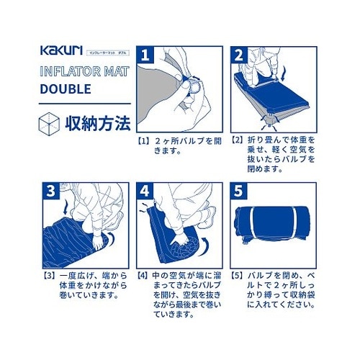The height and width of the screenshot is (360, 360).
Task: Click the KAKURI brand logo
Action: pyautogui.click(x=63, y=53)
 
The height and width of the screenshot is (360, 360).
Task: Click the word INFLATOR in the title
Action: pyautogui.click(x=67, y=73)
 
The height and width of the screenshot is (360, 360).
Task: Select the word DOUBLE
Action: pyautogui.click(x=66, y=90)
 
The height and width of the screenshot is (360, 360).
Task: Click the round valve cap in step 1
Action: pyautogui.click(x=194, y=86)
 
